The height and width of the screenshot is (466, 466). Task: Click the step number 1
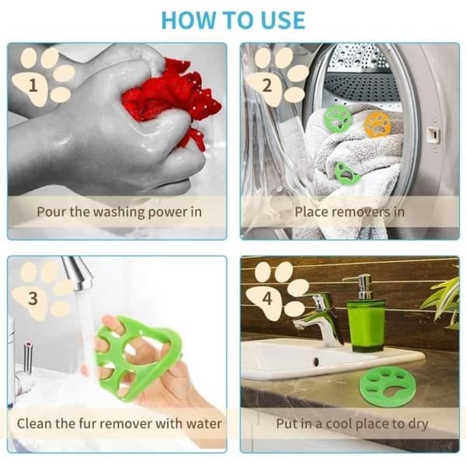pyautogui.click(x=33, y=85)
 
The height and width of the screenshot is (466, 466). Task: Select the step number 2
pyautogui.click(x=266, y=85)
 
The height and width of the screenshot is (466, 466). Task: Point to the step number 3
pyautogui.click(x=33, y=298)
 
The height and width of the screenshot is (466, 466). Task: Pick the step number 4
pyautogui.click(x=267, y=298)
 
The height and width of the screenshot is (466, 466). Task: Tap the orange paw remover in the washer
pyautogui.click(x=377, y=124)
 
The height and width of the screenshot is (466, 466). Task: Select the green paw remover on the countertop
pyautogui.click(x=382, y=386)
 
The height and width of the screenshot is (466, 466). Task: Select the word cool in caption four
pyautogui.click(x=339, y=423)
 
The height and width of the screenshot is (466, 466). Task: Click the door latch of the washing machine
pyautogui.click(x=433, y=135)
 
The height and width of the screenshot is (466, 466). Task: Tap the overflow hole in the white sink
pyautogui.click(x=316, y=362)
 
